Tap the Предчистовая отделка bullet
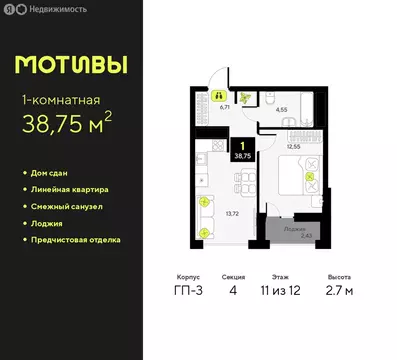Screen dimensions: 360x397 77,239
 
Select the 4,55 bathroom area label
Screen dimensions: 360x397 282,109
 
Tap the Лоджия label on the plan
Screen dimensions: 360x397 292,229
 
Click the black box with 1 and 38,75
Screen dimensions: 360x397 242,150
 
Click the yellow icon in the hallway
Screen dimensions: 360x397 217,97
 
